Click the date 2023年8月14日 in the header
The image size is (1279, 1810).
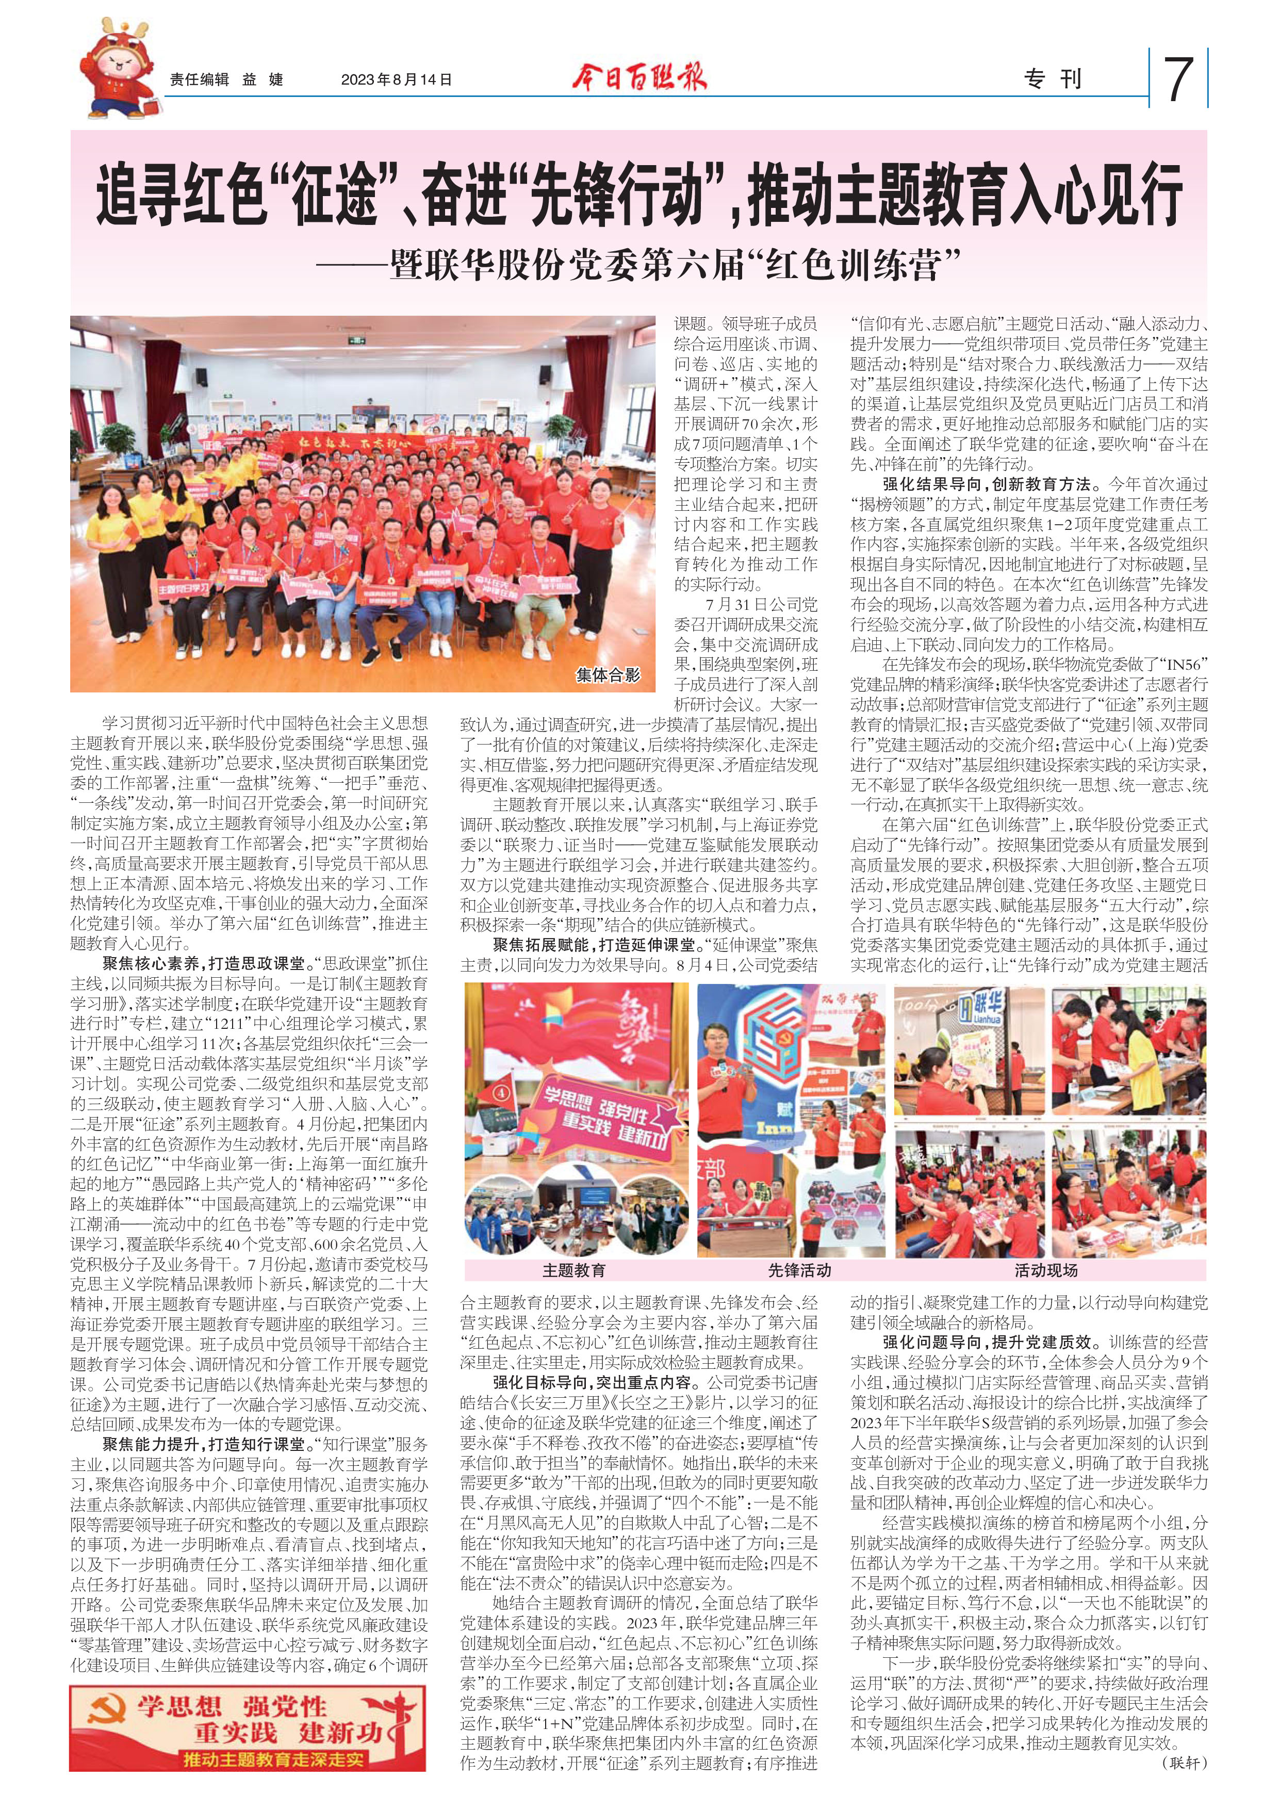coord(397,79)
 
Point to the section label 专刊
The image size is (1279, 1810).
coord(1053,79)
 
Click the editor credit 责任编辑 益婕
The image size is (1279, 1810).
coord(226,79)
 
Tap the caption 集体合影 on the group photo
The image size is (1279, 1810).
coord(609,675)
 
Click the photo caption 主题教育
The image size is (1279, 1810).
coord(573,1270)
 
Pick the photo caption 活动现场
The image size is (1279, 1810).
coord(1046,1270)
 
